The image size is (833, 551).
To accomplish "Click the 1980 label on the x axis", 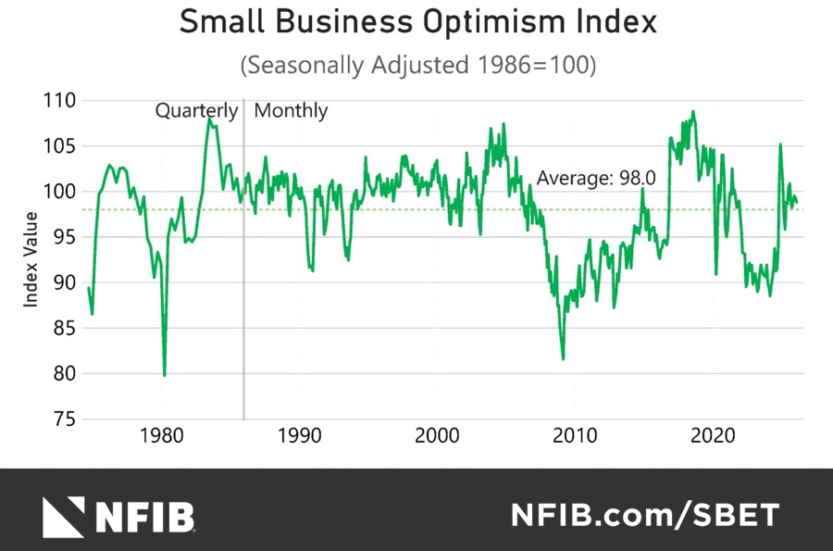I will (162, 435).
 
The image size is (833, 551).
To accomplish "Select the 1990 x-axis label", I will (300, 435).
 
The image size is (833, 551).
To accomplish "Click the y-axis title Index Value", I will (31, 259).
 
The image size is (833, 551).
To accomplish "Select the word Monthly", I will (291, 111).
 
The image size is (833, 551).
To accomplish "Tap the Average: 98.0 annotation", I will (596, 179).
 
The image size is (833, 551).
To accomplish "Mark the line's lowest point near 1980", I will (165, 375).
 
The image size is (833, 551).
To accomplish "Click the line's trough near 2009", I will (563, 358).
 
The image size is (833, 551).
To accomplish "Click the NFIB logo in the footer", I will (118, 515).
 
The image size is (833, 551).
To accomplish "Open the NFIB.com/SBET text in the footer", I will (645, 515).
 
